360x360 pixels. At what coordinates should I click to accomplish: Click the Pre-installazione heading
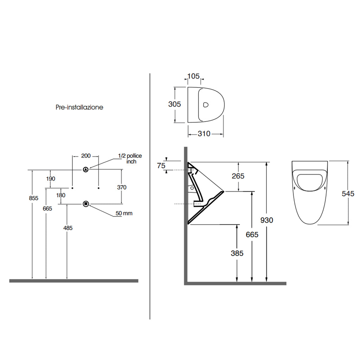point(79,107)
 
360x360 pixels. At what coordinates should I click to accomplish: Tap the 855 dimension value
point(33,198)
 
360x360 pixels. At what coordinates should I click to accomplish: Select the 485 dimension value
point(68,228)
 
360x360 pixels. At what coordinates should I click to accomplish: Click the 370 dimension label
point(122,187)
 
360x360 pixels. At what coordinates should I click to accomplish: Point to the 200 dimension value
point(86,156)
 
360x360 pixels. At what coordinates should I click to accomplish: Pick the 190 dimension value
point(51,179)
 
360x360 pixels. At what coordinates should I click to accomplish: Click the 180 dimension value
point(60,195)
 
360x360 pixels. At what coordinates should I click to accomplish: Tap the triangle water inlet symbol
point(86,170)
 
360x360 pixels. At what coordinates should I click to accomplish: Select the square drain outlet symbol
point(86,204)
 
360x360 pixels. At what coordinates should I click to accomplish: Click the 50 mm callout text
point(124,213)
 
